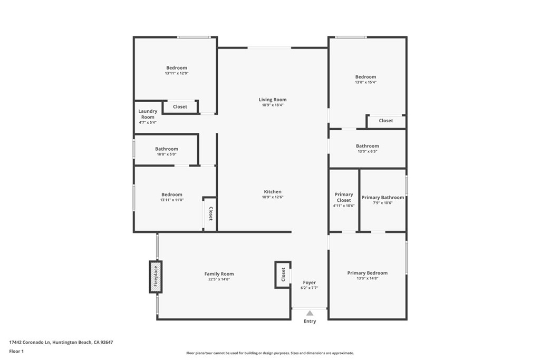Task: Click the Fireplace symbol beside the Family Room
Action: pos(156,277)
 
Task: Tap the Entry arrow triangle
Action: pos(310,313)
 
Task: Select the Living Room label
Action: pos(273,100)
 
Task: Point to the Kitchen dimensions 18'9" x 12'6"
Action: pos(273,197)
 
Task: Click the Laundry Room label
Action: pos(148,114)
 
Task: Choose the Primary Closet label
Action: pos(344,197)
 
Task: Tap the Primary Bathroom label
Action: pos(383,198)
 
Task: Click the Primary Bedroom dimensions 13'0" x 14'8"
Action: pos(367,278)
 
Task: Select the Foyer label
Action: pos(310,283)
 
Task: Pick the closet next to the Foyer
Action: pos(283,275)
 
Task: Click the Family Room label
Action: pos(219,274)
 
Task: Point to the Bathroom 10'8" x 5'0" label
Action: pos(166,149)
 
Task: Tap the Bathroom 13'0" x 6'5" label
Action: pos(367,146)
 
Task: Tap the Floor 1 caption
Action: pos(16,351)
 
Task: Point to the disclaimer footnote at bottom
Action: pos(269,353)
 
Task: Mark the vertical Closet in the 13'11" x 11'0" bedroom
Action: pos(210,213)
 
